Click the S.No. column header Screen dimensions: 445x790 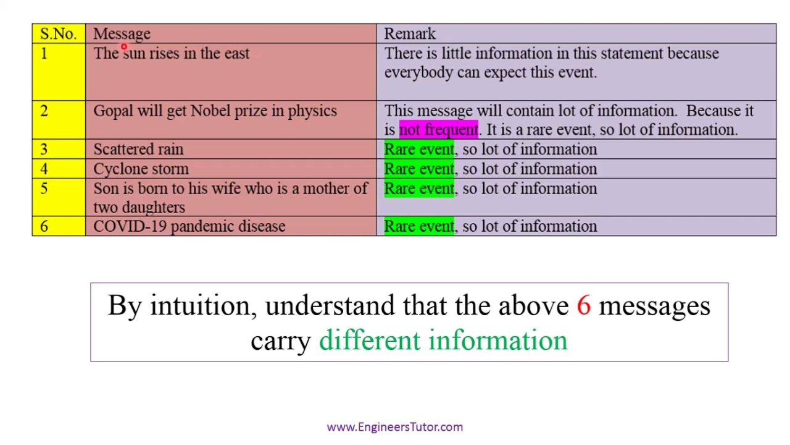[58, 34]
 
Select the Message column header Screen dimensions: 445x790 [122, 34]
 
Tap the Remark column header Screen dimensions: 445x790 [410, 34]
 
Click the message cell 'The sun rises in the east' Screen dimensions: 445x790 [172, 54]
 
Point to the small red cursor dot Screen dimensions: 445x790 [123, 47]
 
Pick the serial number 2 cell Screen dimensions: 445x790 [44, 111]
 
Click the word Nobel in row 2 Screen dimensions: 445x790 [210, 111]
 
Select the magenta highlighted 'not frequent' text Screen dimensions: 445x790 [438, 130]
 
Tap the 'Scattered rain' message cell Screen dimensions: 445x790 [138, 150]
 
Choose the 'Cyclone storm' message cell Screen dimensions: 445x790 [141, 169]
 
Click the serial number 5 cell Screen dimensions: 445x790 [44, 189]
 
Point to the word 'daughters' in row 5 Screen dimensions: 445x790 [154, 208]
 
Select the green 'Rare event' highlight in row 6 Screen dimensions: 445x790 [418, 227]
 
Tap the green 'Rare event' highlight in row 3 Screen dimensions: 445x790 [418, 150]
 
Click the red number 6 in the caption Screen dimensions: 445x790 [584, 306]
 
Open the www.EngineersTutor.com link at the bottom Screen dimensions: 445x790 [394, 427]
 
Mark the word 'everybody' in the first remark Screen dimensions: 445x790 [418, 73]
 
